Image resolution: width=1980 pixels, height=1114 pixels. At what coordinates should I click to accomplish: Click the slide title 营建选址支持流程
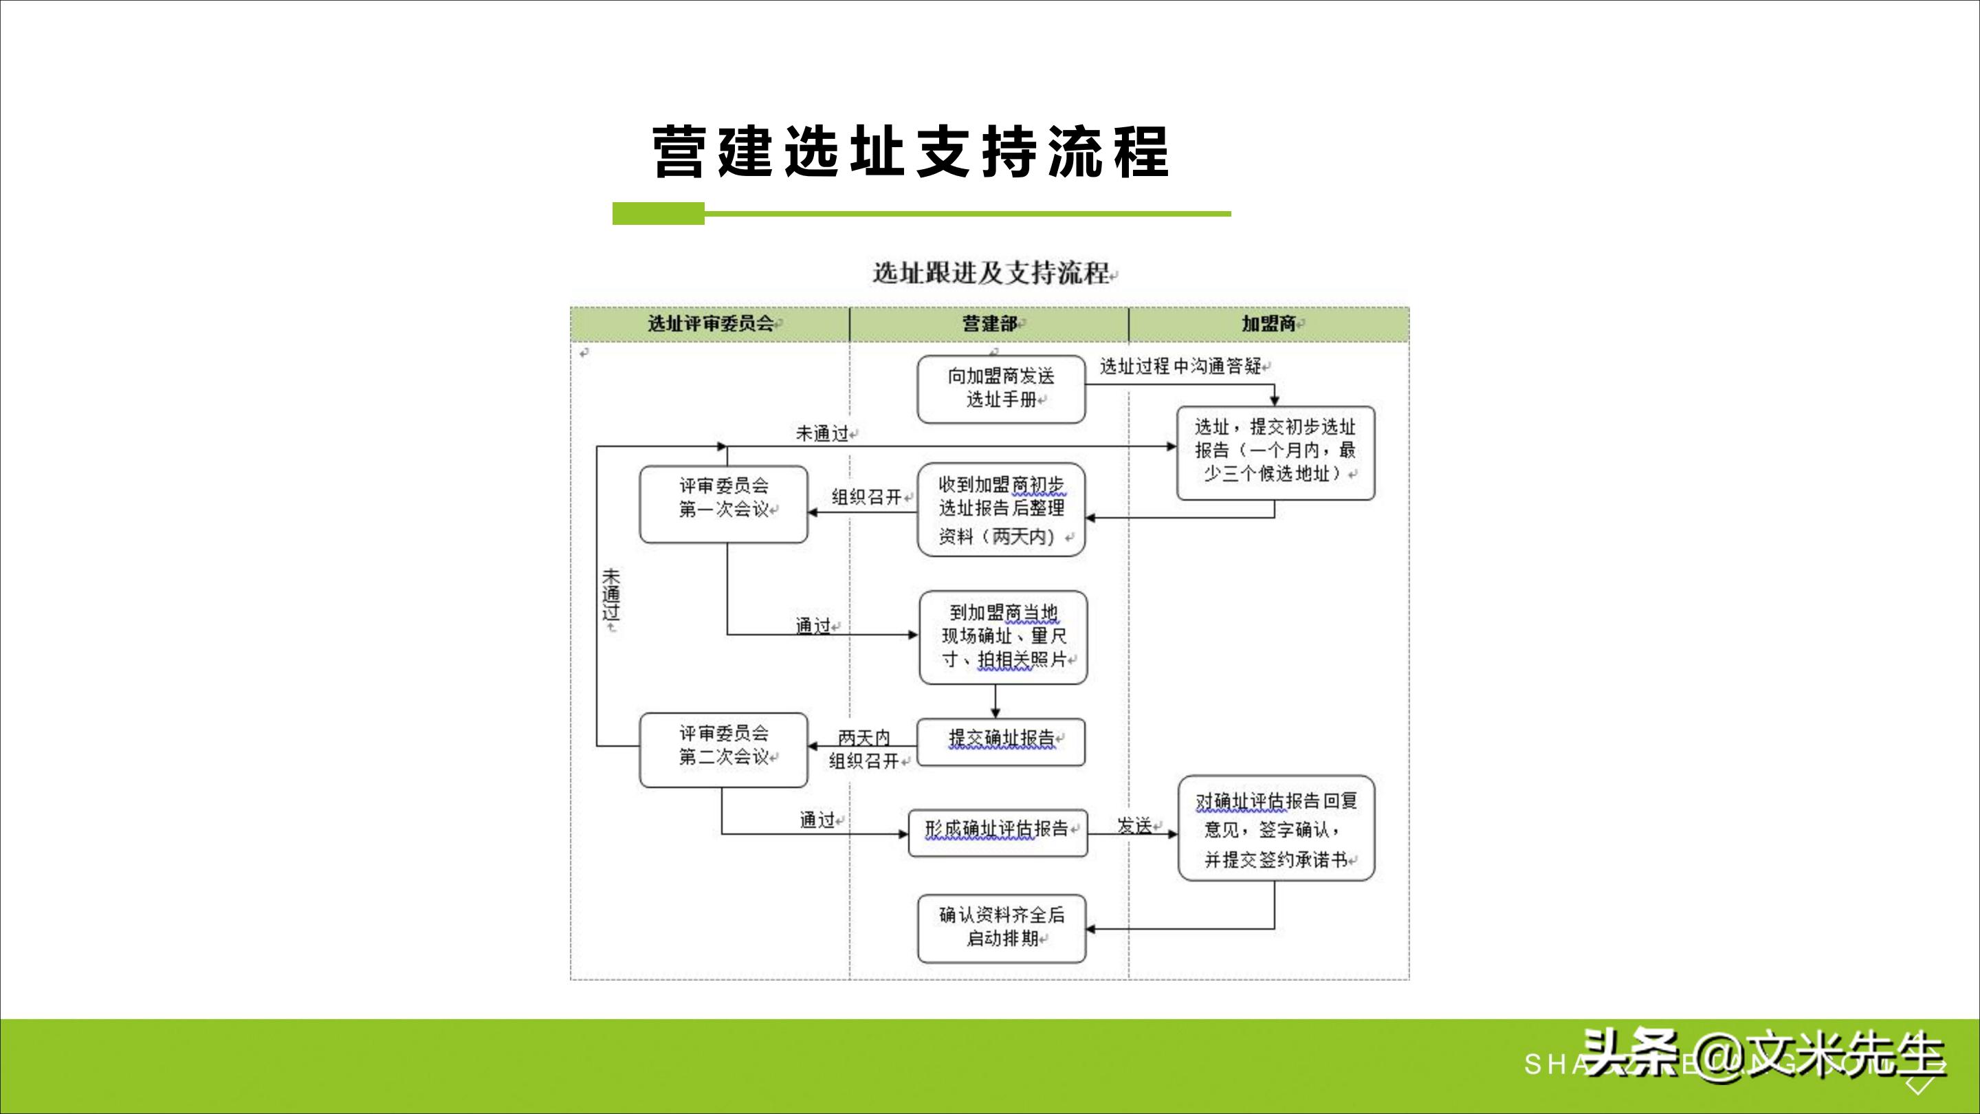pos(910,151)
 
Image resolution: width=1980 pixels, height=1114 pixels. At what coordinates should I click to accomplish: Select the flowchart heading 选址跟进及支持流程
pos(991,273)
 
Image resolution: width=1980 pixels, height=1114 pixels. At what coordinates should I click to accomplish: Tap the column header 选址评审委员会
pos(709,324)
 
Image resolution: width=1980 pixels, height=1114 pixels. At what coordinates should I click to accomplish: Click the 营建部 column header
pos(989,324)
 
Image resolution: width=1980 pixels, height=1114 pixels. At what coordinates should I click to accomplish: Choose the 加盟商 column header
pos(1268,324)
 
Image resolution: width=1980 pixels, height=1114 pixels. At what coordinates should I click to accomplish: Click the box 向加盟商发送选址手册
pos(1001,389)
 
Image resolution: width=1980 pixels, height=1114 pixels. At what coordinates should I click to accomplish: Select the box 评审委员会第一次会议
pos(723,503)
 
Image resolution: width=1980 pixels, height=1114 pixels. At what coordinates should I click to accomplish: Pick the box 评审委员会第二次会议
pos(723,750)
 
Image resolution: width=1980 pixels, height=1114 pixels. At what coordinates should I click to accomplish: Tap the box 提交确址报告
pos(1001,741)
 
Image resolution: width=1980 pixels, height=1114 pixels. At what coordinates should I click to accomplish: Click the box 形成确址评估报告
pos(998,832)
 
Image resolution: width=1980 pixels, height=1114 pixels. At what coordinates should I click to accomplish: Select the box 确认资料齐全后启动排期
pos(1001,927)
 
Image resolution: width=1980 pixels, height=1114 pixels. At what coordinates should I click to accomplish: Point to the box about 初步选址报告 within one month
pos(1275,453)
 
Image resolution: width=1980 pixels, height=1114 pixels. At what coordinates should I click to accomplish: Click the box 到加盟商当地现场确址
pos(1003,637)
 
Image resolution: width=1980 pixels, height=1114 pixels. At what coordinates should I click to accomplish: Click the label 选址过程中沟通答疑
pos(1180,367)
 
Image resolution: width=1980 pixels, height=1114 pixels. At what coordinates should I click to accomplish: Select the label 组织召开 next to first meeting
pos(866,497)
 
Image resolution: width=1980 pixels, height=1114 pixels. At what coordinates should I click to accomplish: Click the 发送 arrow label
pos(1134,826)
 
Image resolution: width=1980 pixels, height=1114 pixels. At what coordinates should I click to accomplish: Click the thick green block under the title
pos(658,214)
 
